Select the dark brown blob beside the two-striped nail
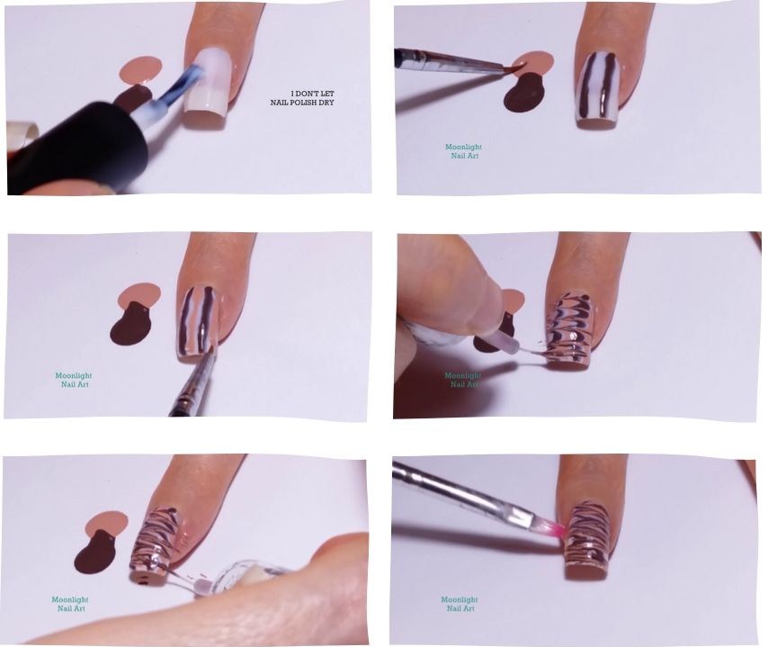pos(522,94)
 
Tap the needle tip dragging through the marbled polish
pos(540,354)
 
